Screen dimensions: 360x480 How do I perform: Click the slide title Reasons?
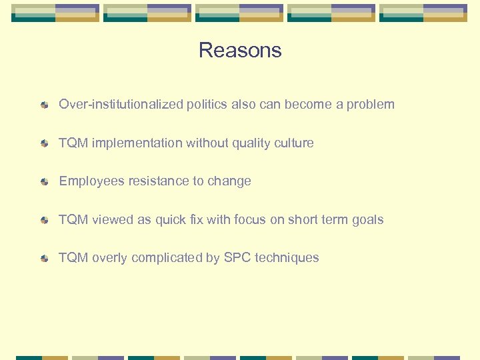pos(240,51)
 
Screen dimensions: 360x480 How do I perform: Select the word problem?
pos(371,105)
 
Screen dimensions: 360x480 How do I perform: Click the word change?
pos(229,181)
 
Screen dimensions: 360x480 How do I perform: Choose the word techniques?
pos(291,258)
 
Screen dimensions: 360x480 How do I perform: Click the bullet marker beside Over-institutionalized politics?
pos(44,105)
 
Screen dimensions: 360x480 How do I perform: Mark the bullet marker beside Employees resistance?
pos(44,182)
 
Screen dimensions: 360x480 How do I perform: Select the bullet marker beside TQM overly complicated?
pos(44,259)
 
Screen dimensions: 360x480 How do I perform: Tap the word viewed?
pos(113,219)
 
